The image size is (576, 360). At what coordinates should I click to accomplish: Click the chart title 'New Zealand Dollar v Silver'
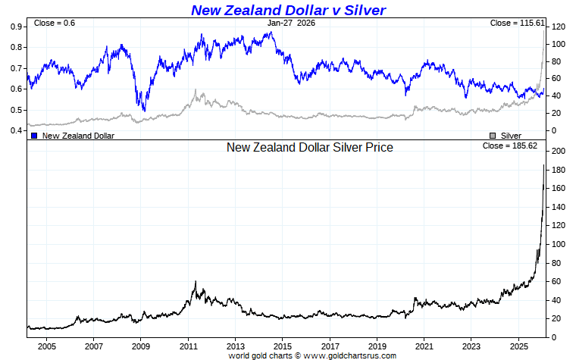(x=288, y=10)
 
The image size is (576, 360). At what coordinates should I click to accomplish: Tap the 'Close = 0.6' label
(x=54, y=23)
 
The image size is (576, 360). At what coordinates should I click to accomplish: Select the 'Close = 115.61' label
(x=518, y=23)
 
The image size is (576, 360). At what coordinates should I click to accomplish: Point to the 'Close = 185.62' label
(x=509, y=146)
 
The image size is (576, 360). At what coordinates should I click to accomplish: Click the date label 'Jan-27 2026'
(x=292, y=23)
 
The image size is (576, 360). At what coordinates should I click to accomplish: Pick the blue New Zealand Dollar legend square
(x=34, y=136)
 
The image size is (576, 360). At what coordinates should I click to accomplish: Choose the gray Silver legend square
(x=493, y=136)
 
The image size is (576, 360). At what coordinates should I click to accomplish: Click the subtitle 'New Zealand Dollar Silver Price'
(x=310, y=148)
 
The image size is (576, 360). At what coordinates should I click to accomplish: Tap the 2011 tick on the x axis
(x=188, y=346)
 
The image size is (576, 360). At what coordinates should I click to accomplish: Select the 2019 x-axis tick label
(x=377, y=346)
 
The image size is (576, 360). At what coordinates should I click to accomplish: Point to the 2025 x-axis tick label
(x=518, y=346)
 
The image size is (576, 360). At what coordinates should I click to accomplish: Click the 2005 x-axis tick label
(x=46, y=346)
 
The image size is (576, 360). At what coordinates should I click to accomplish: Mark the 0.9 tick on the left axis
(x=16, y=27)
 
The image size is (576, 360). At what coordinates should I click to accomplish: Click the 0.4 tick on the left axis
(x=16, y=130)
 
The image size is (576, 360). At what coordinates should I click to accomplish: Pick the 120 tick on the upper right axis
(x=559, y=27)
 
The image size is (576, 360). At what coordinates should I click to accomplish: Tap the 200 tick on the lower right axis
(x=559, y=151)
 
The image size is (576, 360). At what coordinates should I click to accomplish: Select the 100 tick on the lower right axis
(x=559, y=244)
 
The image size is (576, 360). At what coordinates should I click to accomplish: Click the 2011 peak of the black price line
(x=196, y=281)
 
